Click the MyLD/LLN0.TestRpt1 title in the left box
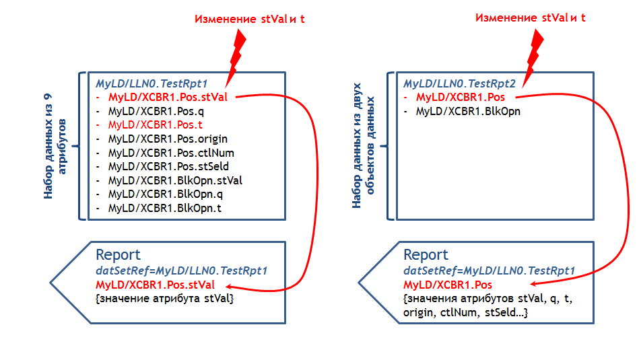click(x=150, y=84)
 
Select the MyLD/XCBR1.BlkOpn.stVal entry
click(x=175, y=180)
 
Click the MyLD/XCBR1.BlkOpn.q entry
click(x=165, y=194)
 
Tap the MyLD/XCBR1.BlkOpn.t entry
click(x=164, y=208)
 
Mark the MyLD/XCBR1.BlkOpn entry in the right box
click(x=468, y=111)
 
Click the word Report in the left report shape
click(x=118, y=255)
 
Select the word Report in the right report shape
click(x=426, y=255)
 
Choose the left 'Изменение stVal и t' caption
click(x=250, y=19)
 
